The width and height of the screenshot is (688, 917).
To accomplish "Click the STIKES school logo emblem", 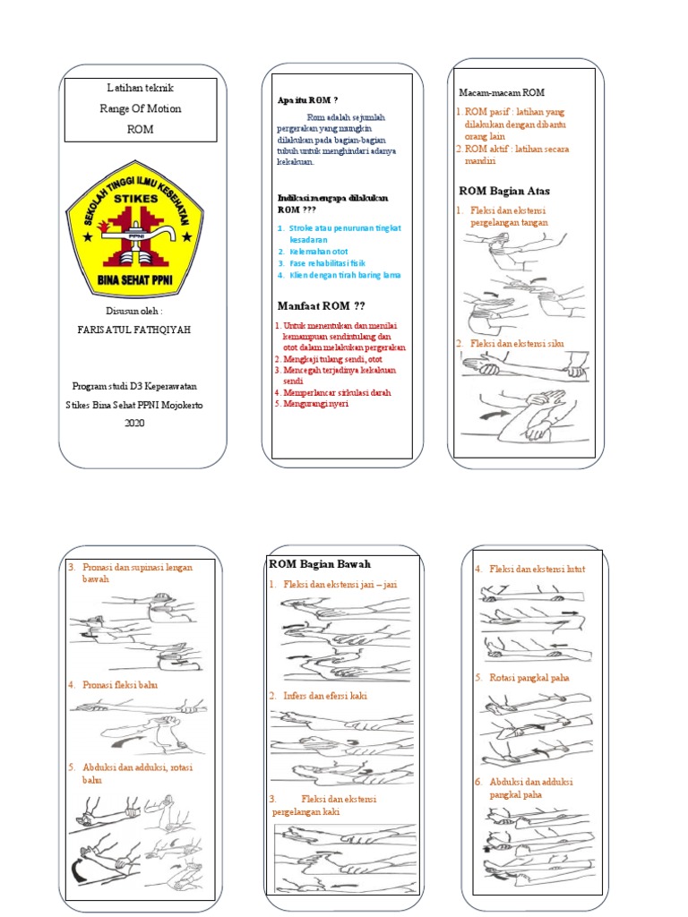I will (137, 230).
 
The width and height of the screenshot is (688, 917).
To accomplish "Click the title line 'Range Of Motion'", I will (141, 108).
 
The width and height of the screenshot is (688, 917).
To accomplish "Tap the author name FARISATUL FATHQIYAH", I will (135, 330).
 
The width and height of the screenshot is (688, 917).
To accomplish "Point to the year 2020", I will (134, 423).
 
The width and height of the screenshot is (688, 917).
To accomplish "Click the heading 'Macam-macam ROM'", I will (502, 92).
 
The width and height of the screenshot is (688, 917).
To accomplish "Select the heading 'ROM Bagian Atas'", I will (504, 191).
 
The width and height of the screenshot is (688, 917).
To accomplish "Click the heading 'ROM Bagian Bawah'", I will (320, 563).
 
